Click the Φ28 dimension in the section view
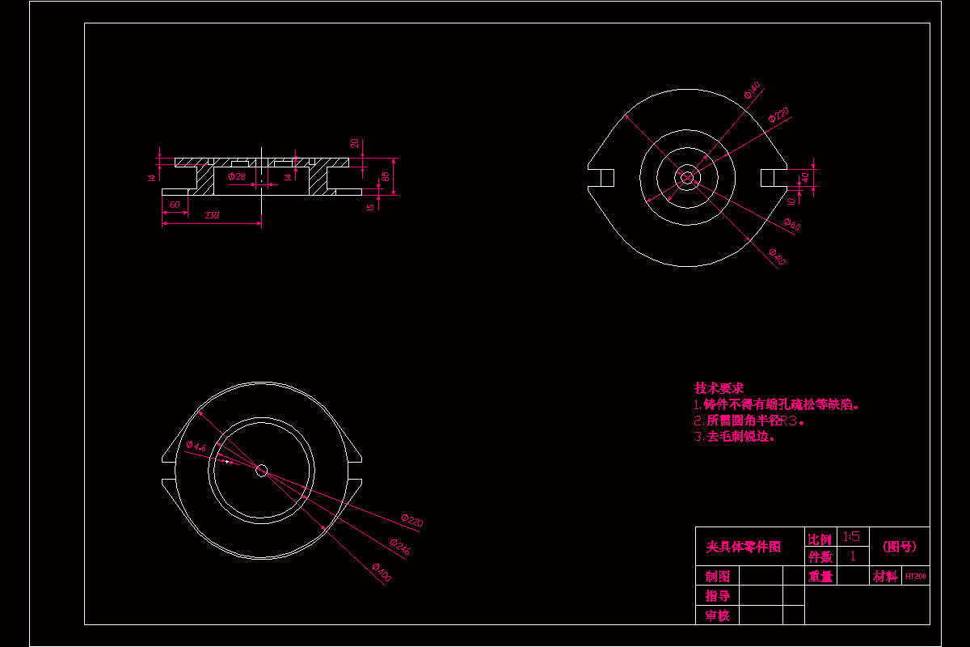(237, 176)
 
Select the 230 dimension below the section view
(211, 215)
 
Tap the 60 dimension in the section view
(175, 205)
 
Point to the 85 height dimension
(386, 175)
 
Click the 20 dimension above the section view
(355, 144)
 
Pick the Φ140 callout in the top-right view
(753, 90)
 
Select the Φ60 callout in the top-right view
(792, 226)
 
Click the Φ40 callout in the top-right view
(777, 258)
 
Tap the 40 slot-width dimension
(804, 177)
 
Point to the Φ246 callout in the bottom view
(400, 548)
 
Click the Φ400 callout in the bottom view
(382, 573)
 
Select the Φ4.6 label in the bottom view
(196, 446)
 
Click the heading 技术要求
(719, 388)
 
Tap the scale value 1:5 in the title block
(851, 536)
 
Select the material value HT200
(916, 577)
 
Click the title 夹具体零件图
(744, 548)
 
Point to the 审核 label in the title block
(718, 615)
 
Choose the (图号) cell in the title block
(899, 547)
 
